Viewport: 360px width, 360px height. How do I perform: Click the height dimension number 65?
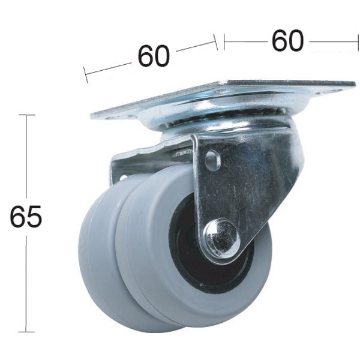[x=26, y=217]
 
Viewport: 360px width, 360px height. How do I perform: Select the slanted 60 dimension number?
[x=154, y=56]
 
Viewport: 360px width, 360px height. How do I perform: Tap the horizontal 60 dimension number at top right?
[x=287, y=41]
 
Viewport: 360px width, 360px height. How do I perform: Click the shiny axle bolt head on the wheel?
[x=221, y=239]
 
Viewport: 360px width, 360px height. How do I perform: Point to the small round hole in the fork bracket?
[x=211, y=161]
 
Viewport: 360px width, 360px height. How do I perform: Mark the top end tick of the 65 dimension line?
[x=26, y=115]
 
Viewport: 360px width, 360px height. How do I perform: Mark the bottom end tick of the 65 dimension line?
[x=26, y=331]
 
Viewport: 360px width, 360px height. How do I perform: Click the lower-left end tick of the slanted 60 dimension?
[x=86, y=74]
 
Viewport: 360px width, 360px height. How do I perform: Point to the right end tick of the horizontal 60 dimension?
[x=358, y=41]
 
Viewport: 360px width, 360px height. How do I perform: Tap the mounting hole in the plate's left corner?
[x=112, y=117]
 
